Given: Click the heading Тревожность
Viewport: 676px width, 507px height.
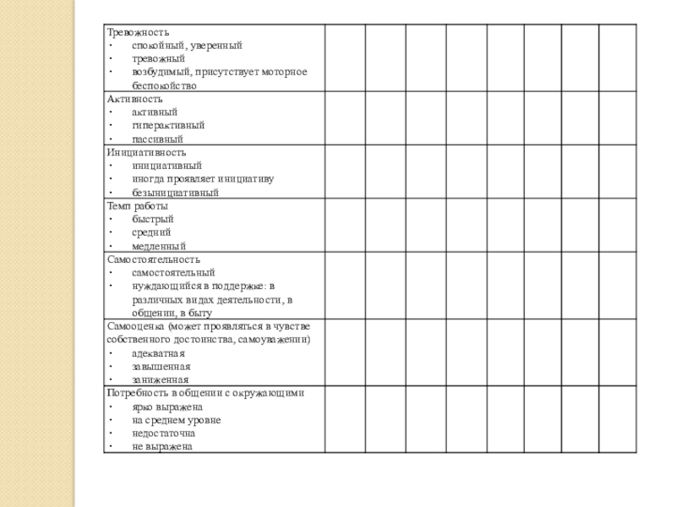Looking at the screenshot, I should [x=132, y=31].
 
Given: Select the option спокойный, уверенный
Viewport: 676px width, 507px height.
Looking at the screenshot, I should [x=187, y=45].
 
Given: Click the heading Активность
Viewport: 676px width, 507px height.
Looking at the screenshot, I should [x=130, y=99].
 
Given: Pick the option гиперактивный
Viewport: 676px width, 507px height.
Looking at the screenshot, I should [x=168, y=125].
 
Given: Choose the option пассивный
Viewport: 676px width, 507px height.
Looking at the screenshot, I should [x=157, y=139].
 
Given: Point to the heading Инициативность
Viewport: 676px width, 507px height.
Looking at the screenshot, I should [x=146, y=152].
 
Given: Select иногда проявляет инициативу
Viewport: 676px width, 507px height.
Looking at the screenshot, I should [x=203, y=179].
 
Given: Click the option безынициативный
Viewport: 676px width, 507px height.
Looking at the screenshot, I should [x=175, y=193].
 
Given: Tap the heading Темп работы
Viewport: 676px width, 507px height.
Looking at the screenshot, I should [x=137, y=205].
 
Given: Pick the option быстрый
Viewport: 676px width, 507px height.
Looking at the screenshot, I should [x=152, y=219].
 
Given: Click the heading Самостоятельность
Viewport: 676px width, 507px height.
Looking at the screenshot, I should [x=153, y=259].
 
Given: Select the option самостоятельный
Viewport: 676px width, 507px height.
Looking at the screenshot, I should [x=173, y=273].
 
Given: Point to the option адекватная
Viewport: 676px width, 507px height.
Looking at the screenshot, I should [x=158, y=353].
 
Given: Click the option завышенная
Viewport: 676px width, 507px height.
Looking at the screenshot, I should [x=161, y=367].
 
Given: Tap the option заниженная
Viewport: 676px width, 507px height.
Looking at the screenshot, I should [x=160, y=380].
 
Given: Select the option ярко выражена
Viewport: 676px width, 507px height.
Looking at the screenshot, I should [x=167, y=406].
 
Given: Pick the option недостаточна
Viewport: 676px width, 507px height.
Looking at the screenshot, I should [x=163, y=433].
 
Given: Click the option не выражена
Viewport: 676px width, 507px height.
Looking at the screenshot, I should [x=162, y=446].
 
